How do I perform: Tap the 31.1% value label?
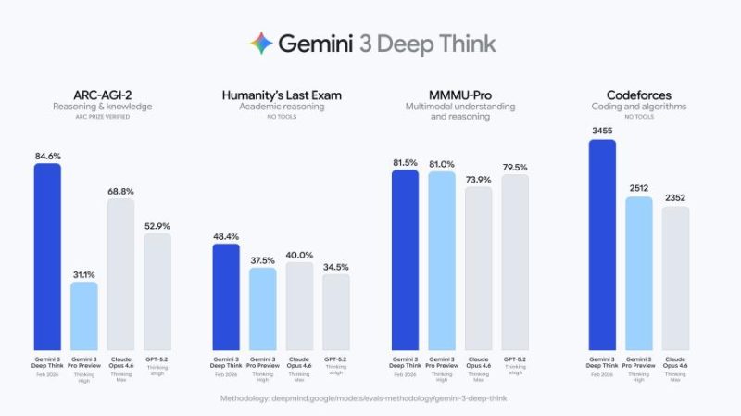pyautogui.click(x=84, y=274)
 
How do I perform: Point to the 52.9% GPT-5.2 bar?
pyautogui.click(x=157, y=292)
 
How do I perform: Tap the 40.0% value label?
pyautogui.click(x=299, y=255)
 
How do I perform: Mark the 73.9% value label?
pyautogui.click(x=478, y=180)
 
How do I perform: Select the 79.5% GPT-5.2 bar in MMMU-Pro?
pyautogui.click(x=514, y=263)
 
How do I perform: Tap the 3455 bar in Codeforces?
pyautogui.click(x=603, y=246)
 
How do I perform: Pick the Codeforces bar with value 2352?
pyautogui.click(x=675, y=279)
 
